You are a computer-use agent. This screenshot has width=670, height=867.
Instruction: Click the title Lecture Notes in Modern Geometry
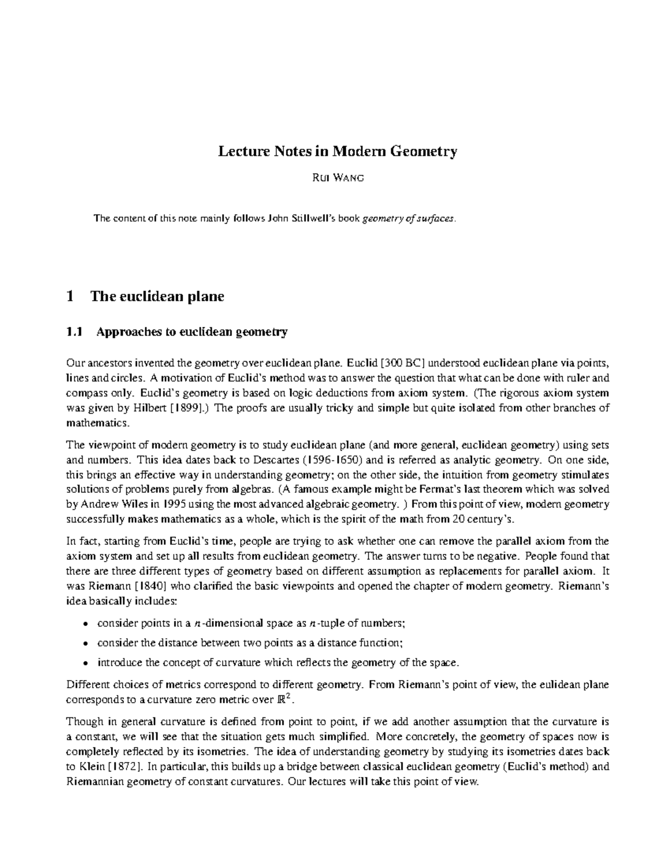(x=337, y=151)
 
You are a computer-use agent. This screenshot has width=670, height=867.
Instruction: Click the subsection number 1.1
(x=74, y=332)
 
